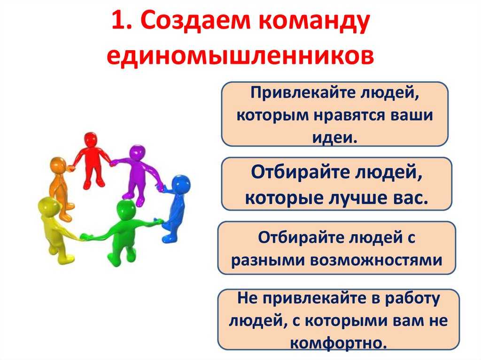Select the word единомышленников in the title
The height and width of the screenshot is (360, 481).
tap(240, 55)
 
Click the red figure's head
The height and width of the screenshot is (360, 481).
tap(91, 140)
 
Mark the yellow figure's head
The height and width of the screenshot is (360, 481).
tap(48, 207)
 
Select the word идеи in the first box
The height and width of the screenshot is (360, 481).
tap(334, 138)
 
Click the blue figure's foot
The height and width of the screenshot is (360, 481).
tap(169, 238)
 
